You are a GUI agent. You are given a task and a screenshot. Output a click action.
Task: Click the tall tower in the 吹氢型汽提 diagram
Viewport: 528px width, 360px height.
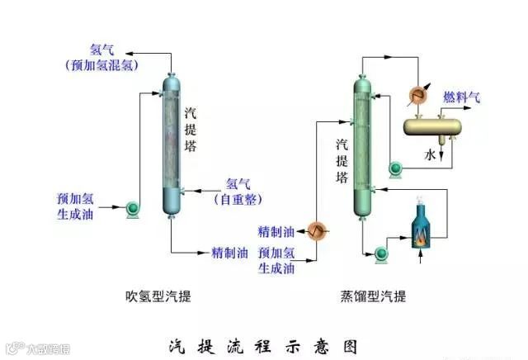172,144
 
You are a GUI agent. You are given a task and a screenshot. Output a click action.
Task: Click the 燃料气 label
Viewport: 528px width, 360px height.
462,97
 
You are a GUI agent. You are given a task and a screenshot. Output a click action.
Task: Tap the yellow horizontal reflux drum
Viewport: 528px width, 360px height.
431,126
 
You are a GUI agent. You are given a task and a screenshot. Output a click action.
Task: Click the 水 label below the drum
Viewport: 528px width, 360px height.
430,154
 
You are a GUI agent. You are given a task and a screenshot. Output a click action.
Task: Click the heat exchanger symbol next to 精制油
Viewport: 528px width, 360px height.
315,230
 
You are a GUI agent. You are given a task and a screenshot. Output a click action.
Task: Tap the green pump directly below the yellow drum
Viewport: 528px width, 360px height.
395,169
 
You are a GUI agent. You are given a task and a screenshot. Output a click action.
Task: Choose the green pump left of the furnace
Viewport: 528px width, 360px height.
381,253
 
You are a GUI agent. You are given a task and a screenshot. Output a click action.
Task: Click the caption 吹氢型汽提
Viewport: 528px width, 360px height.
163,296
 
